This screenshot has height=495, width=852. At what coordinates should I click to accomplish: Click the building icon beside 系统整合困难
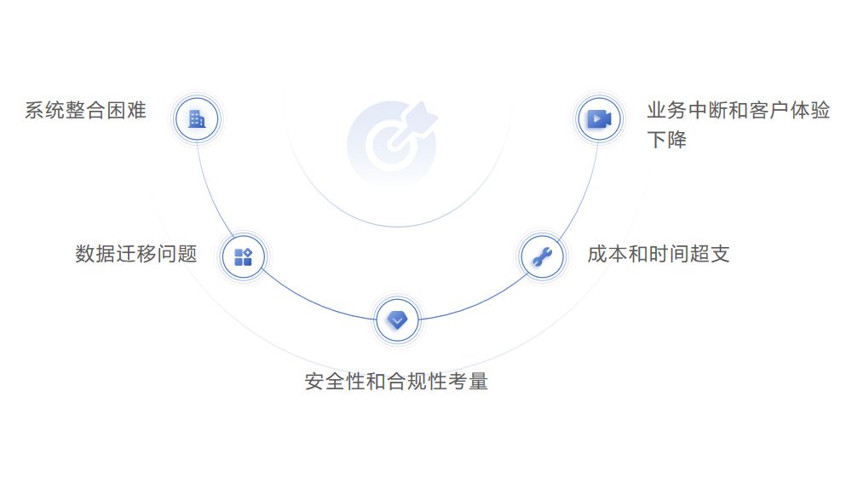coord(197,118)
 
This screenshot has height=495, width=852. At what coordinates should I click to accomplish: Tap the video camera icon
coord(599,118)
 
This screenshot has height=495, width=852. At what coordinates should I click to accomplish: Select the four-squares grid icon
coord(243,256)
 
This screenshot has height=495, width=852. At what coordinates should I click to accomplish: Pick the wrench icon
coord(542,256)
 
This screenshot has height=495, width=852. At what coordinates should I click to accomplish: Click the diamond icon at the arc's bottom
coord(397,319)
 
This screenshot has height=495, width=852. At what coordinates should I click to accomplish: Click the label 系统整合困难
coord(85,111)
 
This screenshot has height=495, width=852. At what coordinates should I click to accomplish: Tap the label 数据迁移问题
coord(136,254)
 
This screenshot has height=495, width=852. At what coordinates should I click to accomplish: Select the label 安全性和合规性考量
coord(396,381)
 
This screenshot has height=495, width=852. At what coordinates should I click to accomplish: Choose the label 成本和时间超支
coord(659,254)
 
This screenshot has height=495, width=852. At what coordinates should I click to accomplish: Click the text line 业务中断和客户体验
coord(739,111)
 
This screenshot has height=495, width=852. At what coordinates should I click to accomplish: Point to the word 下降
coord(667,140)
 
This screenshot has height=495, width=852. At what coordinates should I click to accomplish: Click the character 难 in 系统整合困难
coord(136,111)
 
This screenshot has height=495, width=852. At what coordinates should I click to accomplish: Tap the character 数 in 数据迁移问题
coord(85,254)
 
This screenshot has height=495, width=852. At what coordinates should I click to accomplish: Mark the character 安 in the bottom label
coord(315,381)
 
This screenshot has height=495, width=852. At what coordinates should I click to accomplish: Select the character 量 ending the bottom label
coord(478,381)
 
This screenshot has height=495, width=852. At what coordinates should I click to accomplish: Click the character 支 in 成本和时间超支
coord(720,254)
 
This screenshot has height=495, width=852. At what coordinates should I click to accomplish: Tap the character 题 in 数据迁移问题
coord(187,254)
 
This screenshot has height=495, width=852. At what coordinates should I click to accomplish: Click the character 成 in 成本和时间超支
coord(597,254)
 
